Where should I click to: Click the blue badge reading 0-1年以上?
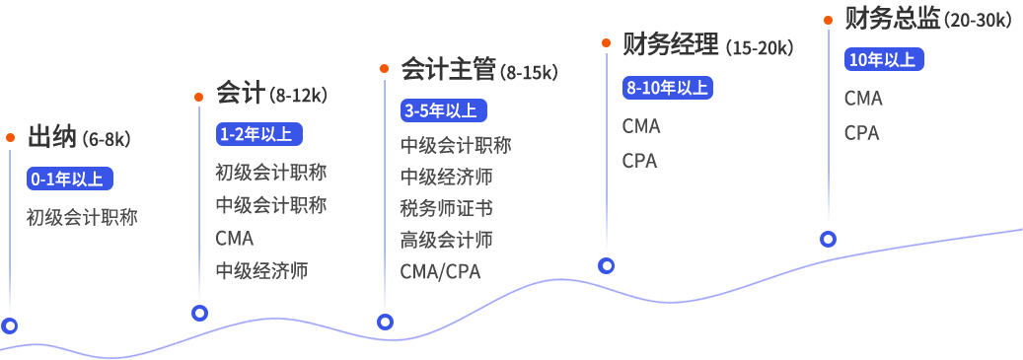(70, 179)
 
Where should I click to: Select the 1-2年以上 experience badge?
(258, 134)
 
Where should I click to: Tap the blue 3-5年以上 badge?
(444, 109)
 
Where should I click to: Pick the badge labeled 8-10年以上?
(667, 87)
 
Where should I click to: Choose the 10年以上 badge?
(882, 59)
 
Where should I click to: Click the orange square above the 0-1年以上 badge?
(10, 138)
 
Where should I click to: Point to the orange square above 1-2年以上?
(199, 96)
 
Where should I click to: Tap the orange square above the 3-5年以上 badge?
(385, 69)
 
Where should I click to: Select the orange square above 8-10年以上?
(607, 42)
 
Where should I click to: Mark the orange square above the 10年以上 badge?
(828, 20)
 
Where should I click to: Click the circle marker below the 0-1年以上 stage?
(10, 325)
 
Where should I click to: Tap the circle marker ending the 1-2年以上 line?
(199, 314)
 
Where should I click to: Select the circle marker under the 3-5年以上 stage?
(386, 322)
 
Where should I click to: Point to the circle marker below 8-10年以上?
(607, 266)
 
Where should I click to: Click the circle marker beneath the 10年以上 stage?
(828, 239)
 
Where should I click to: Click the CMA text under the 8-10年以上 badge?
(641, 126)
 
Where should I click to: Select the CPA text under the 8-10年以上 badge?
(639, 160)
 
